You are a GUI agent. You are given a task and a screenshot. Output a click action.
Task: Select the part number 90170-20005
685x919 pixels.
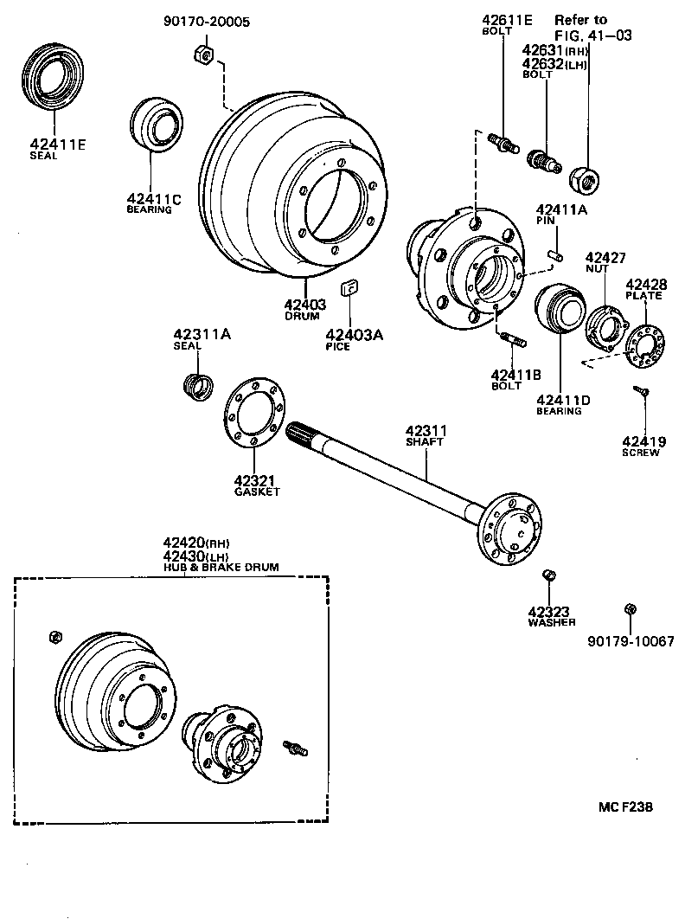pos(205,22)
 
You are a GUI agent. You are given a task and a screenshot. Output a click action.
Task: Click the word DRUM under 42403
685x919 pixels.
pos(302,316)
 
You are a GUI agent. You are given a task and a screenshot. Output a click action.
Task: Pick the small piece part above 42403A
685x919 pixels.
pos(351,287)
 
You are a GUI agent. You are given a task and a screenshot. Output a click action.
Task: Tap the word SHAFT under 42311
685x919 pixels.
pos(425,441)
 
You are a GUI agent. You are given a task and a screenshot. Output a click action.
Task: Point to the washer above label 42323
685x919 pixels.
pos(547,575)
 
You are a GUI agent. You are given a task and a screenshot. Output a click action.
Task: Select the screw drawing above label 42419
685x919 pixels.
pos(643,392)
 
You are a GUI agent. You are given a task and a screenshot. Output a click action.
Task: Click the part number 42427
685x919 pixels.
pos(605,257)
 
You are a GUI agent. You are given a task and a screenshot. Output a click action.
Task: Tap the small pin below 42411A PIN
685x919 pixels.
pos(557,255)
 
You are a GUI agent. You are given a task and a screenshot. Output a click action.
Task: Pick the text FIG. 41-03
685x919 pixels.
pos(593,35)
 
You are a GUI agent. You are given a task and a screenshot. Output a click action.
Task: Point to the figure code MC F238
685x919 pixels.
pos(624,807)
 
